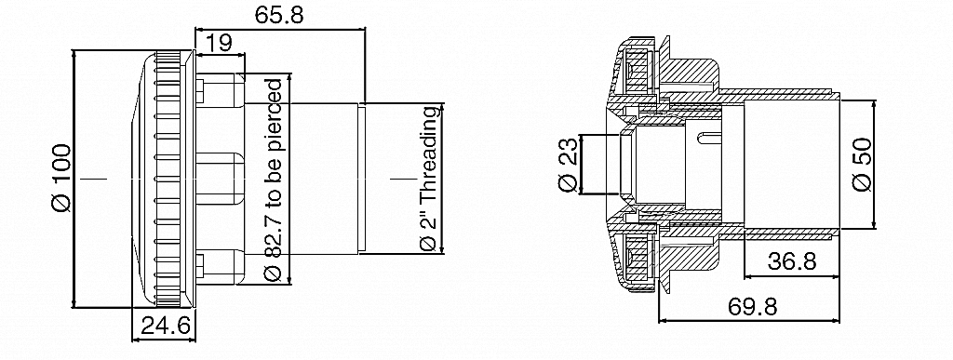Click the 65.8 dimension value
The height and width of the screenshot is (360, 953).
click(x=279, y=15)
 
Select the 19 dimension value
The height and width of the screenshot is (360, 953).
click(x=219, y=43)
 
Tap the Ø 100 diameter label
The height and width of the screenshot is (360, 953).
click(x=61, y=179)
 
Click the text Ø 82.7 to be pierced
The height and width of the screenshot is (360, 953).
click(x=275, y=180)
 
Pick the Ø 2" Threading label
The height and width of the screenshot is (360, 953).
click(x=429, y=180)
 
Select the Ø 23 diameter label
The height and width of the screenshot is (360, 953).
click(x=568, y=165)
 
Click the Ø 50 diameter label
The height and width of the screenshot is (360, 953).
click(x=862, y=165)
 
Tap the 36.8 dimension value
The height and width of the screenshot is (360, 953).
click(x=792, y=261)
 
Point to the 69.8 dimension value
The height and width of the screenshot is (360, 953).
click(x=752, y=307)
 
